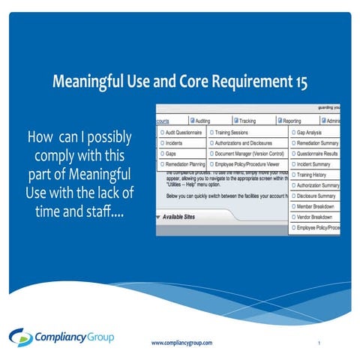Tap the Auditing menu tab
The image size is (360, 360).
(205, 120)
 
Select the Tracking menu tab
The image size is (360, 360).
(248, 120)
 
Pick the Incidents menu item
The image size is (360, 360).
(173, 142)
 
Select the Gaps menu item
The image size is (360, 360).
(169, 153)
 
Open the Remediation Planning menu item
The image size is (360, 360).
(182, 163)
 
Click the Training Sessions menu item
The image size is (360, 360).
(234, 131)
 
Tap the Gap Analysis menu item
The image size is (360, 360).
(313, 131)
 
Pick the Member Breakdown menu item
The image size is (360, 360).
(318, 205)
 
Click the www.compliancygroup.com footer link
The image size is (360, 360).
(181, 343)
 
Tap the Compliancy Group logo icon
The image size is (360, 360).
(20, 337)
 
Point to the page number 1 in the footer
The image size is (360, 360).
(319, 343)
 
